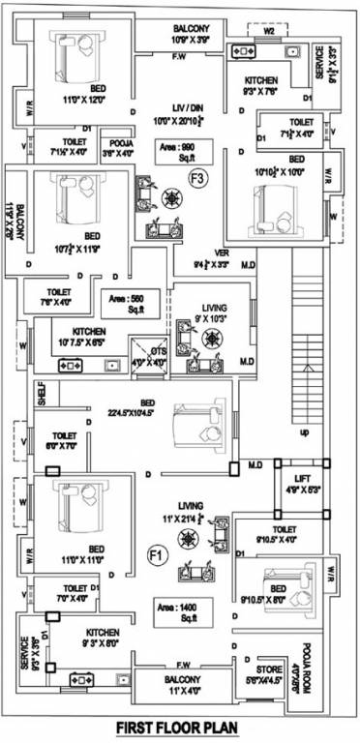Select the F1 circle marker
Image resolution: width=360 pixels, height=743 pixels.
(x=154, y=554)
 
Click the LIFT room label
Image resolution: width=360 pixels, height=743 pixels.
(x=295, y=483)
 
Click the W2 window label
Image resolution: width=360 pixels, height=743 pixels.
(x=270, y=30)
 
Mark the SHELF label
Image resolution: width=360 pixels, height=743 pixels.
(x=40, y=393)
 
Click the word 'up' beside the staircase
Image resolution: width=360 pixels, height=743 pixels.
(x=305, y=431)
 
